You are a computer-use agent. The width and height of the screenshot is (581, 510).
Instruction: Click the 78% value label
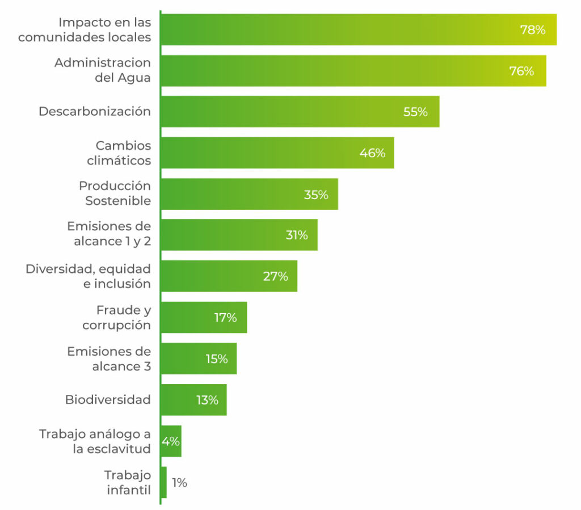click(x=532, y=30)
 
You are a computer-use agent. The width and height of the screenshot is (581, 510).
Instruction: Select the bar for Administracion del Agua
click(x=352, y=71)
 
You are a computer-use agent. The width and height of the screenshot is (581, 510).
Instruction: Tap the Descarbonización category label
click(x=95, y=112)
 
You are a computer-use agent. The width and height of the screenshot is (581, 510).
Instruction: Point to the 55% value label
click(x=415, y=112)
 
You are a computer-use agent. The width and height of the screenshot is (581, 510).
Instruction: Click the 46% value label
click(x=372, y=153)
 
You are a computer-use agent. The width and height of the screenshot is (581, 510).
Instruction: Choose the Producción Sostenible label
click(x=115, y=193)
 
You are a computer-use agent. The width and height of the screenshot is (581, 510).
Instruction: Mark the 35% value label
click(x=316, y=195)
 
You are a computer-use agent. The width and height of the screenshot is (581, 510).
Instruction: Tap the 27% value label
click(x=275, y=277)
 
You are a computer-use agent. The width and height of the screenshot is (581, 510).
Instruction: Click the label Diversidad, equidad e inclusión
click(x=89, y=276)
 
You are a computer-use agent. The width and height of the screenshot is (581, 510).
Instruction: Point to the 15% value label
click(x=216, y=359)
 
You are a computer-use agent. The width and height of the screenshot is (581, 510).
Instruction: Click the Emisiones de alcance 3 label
click(x=109, y=359)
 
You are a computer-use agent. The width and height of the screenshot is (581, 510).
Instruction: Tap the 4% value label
click(x=171, y=441)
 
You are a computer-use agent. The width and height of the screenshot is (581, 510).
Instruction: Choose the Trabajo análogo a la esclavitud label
click(x=95, y=441)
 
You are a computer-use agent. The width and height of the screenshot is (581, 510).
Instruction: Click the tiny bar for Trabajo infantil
click(x=164, y=482)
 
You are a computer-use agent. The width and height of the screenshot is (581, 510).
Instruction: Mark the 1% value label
click(x=179, y=483)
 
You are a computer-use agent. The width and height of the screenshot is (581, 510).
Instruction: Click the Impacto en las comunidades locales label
click(x=85, y=30)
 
